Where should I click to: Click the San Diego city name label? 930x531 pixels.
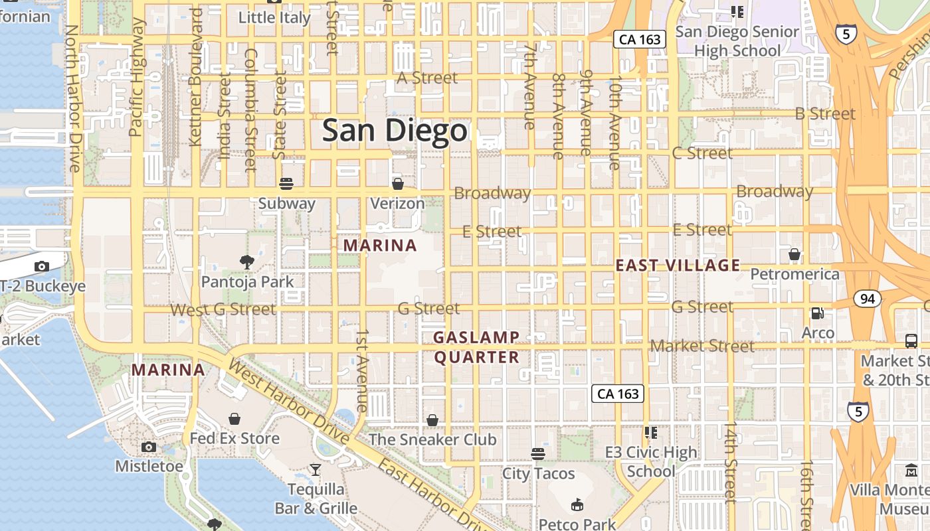pos(395,131)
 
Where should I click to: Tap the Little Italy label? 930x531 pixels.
pos(274,18)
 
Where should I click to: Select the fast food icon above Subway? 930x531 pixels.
pos(286,184)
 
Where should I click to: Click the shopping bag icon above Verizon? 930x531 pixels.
pos(397,184)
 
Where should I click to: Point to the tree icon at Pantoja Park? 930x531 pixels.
pos(247,262)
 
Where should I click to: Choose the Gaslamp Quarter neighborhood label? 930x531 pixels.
pos(476,347)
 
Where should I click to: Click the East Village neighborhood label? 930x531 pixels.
pos(678,265)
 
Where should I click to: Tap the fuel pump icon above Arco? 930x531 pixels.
pos(818,313)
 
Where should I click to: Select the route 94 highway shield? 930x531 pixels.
pos(868,299)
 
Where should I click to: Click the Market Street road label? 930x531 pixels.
pos(702,346)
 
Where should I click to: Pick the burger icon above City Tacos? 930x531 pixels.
pos(538,454)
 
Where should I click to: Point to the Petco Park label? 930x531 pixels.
pos(577,524)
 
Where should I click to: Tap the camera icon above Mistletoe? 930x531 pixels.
pos(149,447)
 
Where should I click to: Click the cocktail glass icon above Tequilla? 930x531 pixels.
pos(316,470)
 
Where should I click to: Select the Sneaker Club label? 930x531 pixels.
pos(432,439)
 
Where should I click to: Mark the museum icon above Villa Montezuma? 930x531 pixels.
pos(911,471)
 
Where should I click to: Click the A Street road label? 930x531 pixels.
pos(427,78)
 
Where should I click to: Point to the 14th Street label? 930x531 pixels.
pos(731,461)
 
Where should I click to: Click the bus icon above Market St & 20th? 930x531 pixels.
pos(911,341)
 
